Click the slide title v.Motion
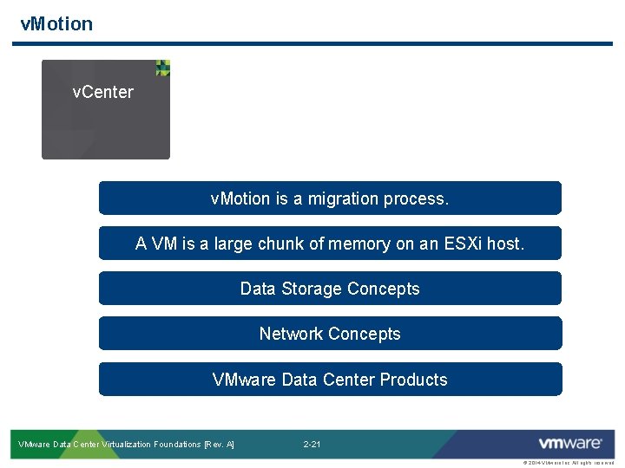[x=56, y=24]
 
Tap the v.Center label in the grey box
[x=102, y=92]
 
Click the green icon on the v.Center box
[x=162, y=68]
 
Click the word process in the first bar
[x=420, y=199]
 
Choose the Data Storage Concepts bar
[x=330, y=289]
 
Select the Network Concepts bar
[x=330, y=334]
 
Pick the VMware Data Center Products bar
[x=330, y=380]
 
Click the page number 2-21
[x=312, y=445]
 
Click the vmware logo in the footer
[x=569, y=444]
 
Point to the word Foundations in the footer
[x=176, y=445]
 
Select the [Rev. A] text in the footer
[x=219, y=445]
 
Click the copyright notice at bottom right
[x=569, y=463]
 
